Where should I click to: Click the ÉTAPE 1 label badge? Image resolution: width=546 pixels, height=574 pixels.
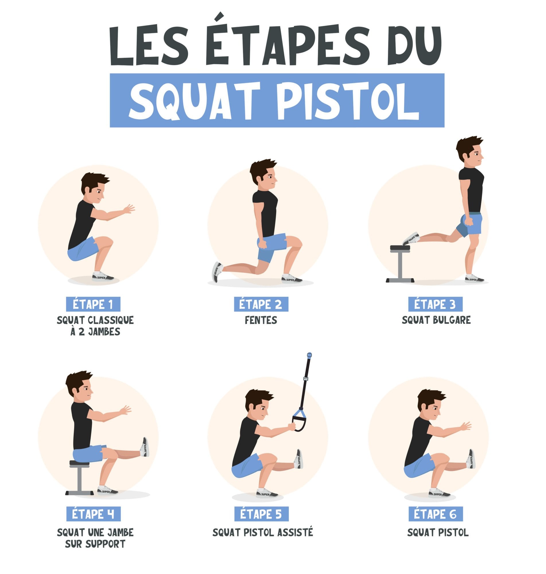coord(93,304)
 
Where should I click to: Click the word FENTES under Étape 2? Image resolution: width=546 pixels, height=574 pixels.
coord(261,320)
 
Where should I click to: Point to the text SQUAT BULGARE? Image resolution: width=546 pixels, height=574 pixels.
coord(436,320)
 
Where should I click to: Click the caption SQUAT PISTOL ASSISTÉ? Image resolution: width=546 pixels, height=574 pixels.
coord(263,532)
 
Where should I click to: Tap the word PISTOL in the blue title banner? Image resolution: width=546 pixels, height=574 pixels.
coord(348,101)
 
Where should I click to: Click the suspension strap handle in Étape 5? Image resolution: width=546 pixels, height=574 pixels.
coord(299,420)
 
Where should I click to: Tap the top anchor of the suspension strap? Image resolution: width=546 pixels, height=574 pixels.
coord(309,355)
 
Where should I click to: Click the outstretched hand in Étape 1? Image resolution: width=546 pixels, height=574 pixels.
coord(129,208)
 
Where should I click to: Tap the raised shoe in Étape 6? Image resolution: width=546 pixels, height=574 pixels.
coord(471,459)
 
